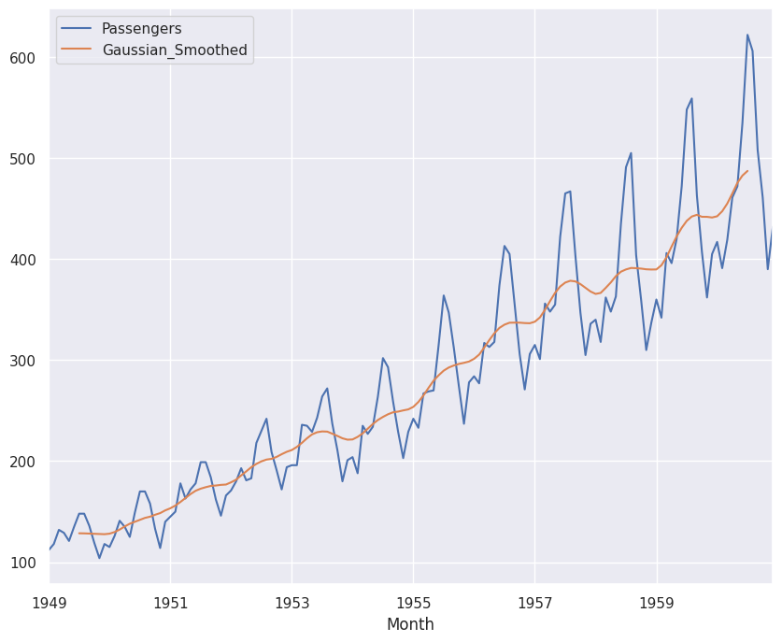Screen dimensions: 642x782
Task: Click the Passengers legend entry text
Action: click(141, 29)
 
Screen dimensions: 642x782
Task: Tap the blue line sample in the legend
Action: click(76, 29)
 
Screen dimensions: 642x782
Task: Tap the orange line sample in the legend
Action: click(76, 50)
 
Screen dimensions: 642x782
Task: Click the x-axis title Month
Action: click(410, 624)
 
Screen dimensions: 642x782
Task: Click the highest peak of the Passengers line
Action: click(747, 36)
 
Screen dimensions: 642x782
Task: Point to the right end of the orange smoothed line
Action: click(747, 170)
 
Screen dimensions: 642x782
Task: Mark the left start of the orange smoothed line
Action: click(79, 534)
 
